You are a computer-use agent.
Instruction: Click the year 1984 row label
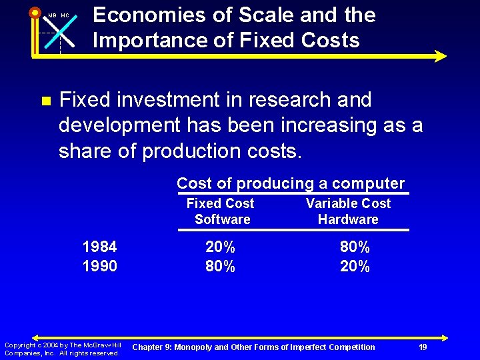[x=99, y=247]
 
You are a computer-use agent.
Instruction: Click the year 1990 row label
[x=99, y=266]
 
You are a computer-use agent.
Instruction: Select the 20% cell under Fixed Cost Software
[x=220, y=247]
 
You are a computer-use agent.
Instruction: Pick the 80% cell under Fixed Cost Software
[x=220, y=266]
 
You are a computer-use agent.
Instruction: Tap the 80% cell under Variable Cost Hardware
[x=355, y=247]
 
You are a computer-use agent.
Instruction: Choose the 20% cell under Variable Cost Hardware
[x=355, y=266]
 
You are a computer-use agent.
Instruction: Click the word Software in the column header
[x=223, y=219]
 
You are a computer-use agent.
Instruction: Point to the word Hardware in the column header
[x=348, y=219]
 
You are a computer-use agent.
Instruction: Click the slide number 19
[x=423, y=347]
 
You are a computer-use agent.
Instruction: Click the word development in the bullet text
[x=119, y=125]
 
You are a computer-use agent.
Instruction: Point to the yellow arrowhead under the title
[x=439, y=57]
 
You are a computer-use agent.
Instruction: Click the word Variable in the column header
[x=331, y=203]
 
